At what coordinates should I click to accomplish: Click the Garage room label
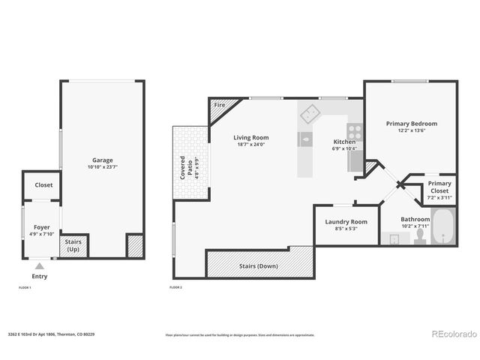coord(103,160)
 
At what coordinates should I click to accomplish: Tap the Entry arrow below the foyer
coord(40,265)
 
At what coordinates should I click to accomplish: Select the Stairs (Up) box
coord(74,245)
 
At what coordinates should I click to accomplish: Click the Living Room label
coord(250,137)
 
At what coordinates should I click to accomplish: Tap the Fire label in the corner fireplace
coord(220,105)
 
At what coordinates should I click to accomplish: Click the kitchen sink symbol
coord(305,138)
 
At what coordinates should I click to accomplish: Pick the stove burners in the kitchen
coord(353,132)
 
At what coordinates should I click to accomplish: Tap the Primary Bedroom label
coord(411,123)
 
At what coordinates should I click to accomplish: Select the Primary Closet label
coord(439,187)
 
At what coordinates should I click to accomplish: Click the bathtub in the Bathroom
coord(443,227)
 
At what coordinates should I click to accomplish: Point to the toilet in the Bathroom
coord(420,236)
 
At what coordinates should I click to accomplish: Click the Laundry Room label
coord(346,222)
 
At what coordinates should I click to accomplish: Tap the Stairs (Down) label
coord(258,266)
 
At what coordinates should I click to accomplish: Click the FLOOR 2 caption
coord(177,287)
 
